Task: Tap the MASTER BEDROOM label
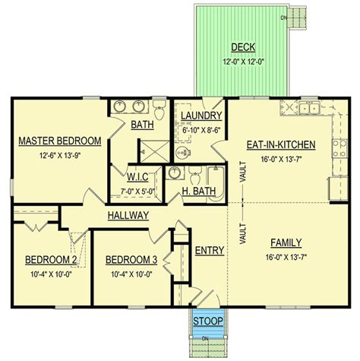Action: [60, 141]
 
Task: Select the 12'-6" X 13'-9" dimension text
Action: [60, 155]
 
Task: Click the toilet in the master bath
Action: [159, 109]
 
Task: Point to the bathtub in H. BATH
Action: [216, 184]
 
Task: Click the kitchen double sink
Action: [309, 108]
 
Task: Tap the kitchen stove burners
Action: [339, 148]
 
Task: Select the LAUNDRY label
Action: [201, 116]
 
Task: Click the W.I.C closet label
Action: [137, 177]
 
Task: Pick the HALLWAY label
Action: [128, 215]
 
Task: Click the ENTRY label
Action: [210, 250]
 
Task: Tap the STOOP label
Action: [208, 321]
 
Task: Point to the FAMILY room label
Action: [286, 242]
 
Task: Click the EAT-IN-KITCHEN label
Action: [281, 144]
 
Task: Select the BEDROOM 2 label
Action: [51, 260]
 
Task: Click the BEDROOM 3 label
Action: [131, 260]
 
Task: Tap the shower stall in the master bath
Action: [155, 152]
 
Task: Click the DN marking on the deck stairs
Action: [283, 17]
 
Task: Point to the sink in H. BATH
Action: [174, 173]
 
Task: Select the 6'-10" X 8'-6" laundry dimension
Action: [201, 130]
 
